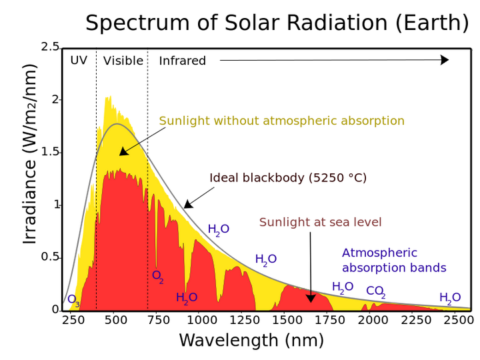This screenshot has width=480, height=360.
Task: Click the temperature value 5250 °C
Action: point(338,178)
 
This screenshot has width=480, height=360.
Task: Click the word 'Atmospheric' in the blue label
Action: point(379,253)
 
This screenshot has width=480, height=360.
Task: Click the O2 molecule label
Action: point(158,275)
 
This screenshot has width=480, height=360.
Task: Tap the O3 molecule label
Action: point(73,301)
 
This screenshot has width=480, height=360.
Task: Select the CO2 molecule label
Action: point(375,291)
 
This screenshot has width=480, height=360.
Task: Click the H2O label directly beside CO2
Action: point(343,287)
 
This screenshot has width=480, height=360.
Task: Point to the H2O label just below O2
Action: point(187,298)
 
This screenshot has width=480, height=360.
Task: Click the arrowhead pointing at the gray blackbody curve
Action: point(123,153)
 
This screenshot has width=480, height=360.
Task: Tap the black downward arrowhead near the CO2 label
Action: point(310,298)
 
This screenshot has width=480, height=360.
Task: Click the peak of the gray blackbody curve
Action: point(118,125)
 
